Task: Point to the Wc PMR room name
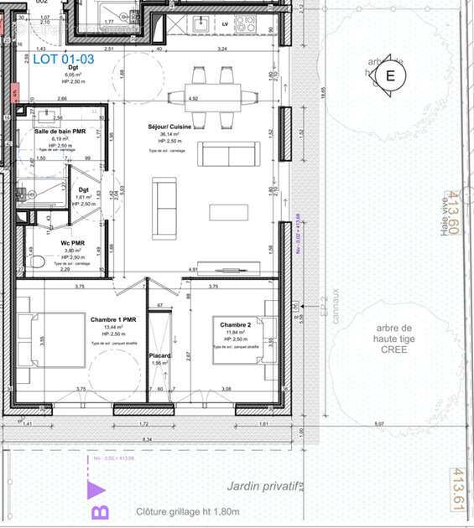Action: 71,242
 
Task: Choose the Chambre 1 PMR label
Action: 119,319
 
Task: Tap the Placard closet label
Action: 159,356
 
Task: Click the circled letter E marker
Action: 388,75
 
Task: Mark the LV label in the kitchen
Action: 225,24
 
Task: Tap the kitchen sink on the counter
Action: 203,23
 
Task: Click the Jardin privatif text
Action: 261,486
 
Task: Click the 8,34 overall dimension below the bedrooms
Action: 147,438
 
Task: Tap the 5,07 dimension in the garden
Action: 379,424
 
